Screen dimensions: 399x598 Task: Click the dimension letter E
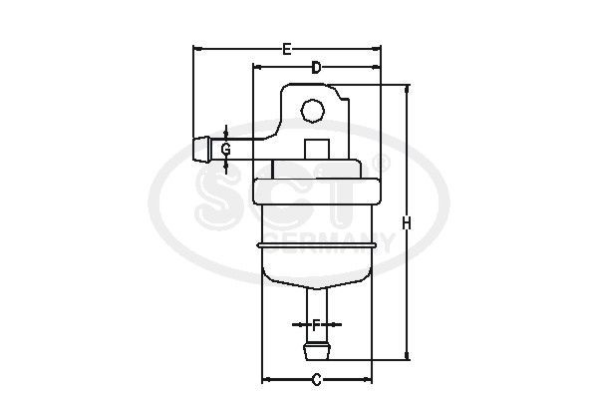(x=287, y=48)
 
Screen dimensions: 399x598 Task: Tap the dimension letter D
(x=316, y=68)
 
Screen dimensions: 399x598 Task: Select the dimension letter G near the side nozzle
(x=226, y=149)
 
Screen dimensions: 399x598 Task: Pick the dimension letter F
(x=316, y=324)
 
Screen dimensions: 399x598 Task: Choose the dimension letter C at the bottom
(x=316, y=379)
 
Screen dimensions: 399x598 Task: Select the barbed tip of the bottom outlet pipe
(x=316, y=352)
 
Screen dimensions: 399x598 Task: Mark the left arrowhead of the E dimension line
(x=196, y=48)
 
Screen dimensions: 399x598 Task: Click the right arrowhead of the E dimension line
(x=377, y=48)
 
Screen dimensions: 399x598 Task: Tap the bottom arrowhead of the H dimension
(x=407, y=356)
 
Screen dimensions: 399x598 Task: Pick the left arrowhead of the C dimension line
(x=265, y=379)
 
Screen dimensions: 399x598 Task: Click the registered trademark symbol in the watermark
(x=380, y=160)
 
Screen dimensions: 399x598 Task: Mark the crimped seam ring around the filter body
(x=316, y=242)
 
